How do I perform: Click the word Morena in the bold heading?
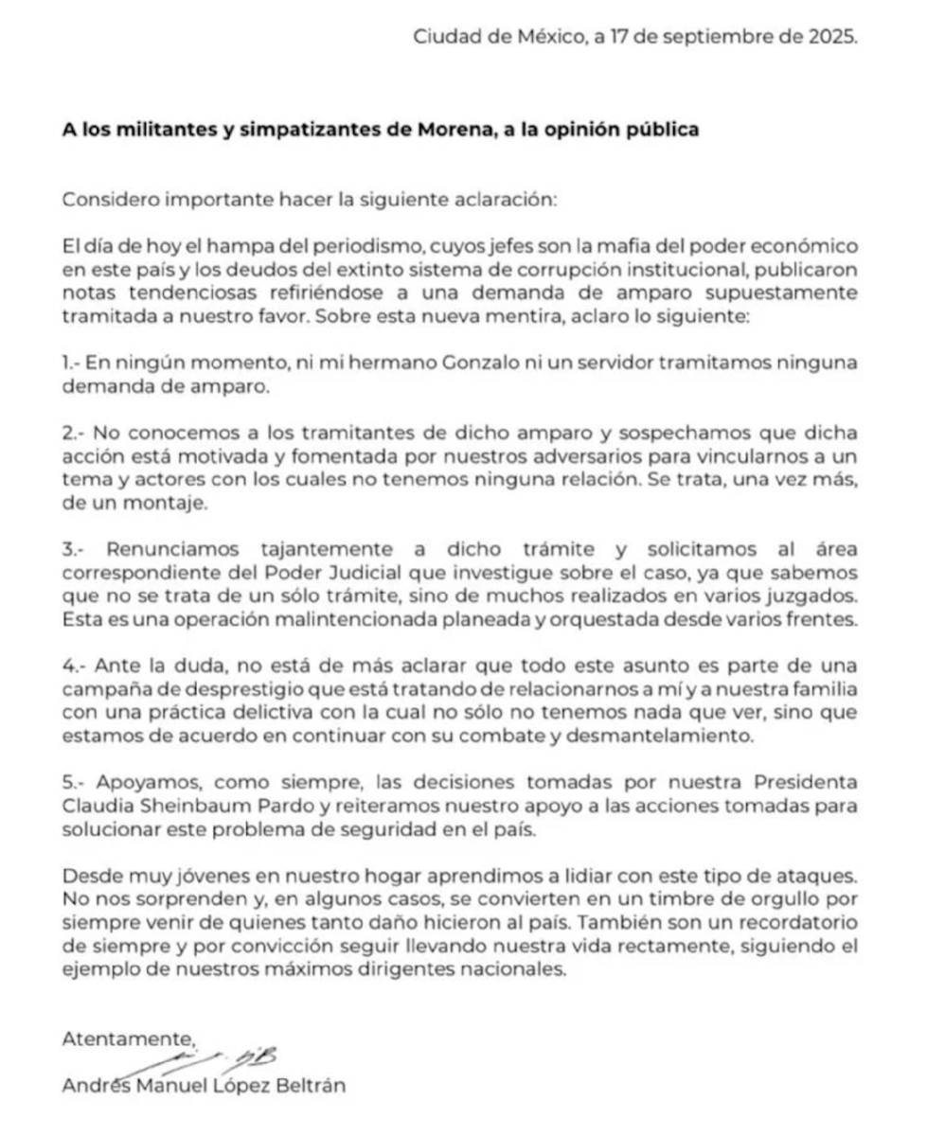(x=420, y=129)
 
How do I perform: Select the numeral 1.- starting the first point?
(x=72, y=363)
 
